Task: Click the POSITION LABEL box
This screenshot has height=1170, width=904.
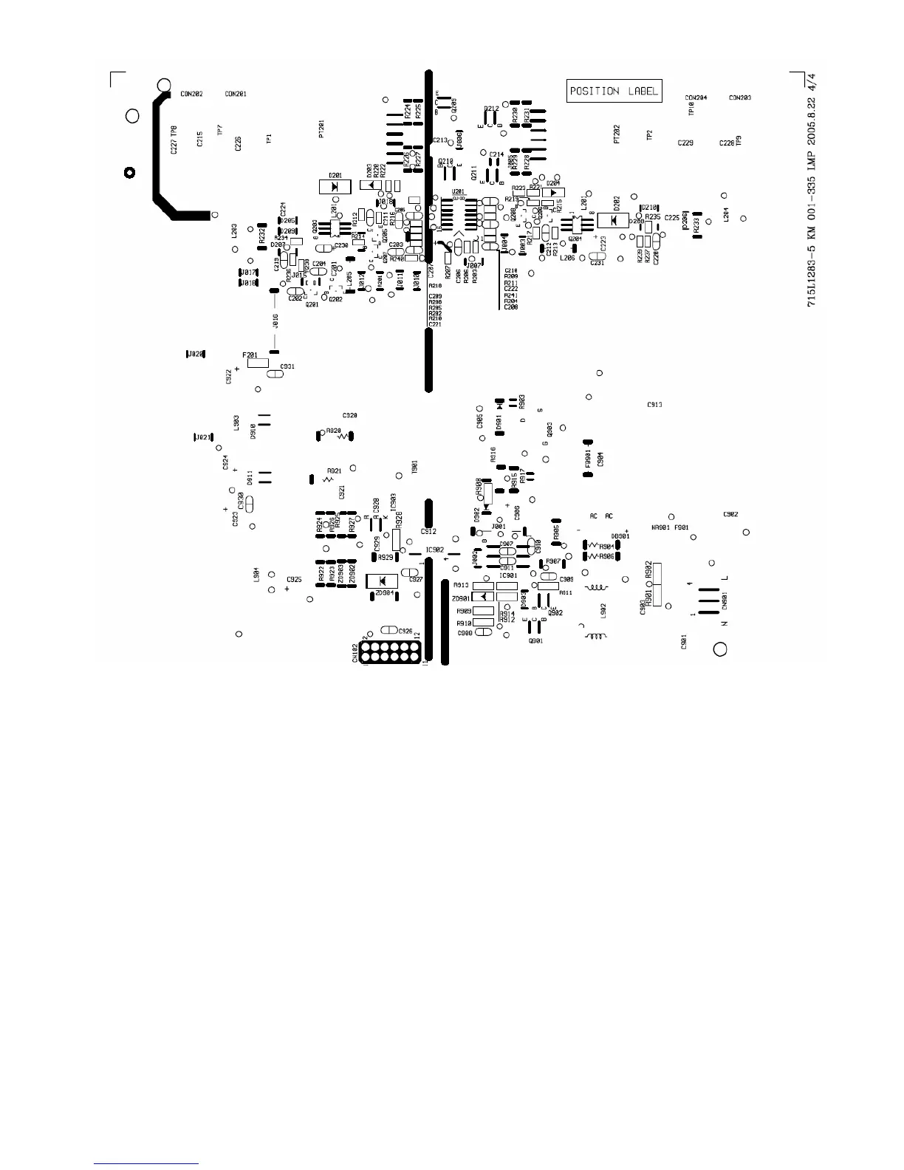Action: tap(614, 91)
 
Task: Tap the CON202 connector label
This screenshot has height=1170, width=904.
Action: tap(191, 95)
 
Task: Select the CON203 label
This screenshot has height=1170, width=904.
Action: tap(740, 97)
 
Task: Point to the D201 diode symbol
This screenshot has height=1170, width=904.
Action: tap(335, 186)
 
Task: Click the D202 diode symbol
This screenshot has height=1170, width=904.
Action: tap(612, 220)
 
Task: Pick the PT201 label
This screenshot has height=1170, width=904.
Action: tap(321, 129)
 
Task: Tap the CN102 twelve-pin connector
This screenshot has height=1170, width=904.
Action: tap(391, 651)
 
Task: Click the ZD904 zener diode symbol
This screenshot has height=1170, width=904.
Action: tap(383, 581)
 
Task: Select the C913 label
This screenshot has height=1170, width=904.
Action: tap(654, 405)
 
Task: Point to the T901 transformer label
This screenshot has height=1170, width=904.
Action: tap(414, 467)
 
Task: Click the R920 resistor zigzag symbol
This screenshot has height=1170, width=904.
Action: tap(343, 437)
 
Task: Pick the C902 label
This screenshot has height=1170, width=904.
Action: tap(730, 514)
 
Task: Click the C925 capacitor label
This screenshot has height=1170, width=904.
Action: tap(294, 580)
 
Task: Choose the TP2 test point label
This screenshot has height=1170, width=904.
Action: tap(649, 135)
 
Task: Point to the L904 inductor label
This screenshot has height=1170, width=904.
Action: tap(256, 575)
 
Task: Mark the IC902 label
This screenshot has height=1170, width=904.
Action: tap(435, 550)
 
